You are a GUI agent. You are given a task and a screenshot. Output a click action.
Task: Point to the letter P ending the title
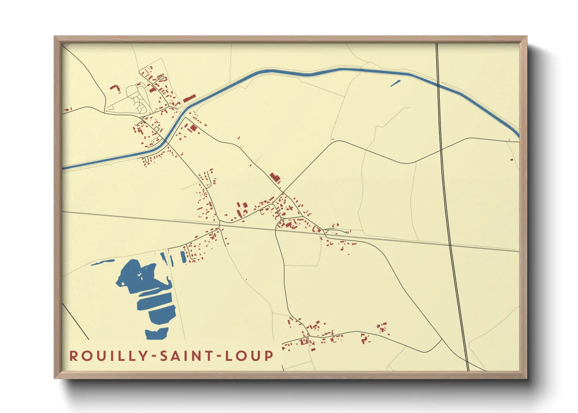(x=269, y=356)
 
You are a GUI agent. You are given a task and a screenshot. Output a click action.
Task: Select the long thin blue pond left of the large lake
(x=103, y=262)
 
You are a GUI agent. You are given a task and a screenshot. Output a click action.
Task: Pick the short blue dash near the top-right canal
(x=395, y=83)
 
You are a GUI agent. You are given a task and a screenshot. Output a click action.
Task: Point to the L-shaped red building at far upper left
(x=115, y=88)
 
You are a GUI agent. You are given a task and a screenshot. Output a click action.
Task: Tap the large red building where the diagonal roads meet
(x=275, y=178)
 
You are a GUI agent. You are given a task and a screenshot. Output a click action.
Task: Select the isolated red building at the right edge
(x=512, y=159)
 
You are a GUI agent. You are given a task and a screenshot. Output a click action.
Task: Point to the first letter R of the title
(x=73, y=356)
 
